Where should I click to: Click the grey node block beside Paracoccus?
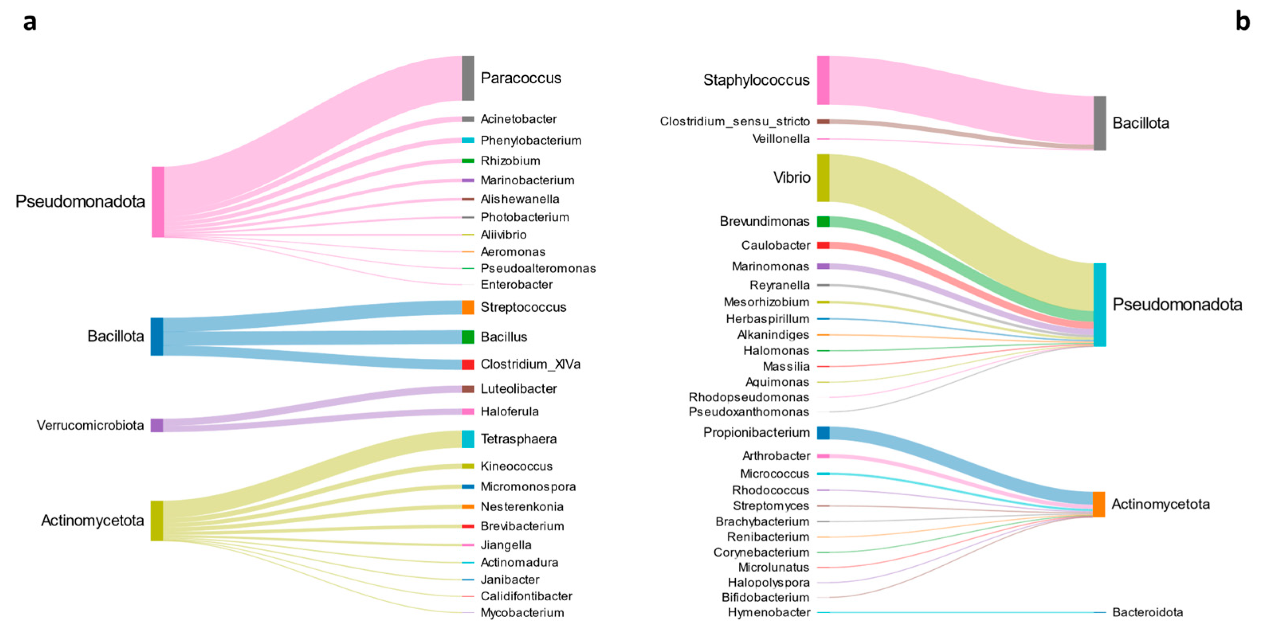[467, 78]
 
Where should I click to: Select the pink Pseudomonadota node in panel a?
[158, 202]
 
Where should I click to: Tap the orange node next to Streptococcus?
[467, 307]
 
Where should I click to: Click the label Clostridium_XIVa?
[530, 364]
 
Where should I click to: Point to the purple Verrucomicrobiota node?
[157, 425]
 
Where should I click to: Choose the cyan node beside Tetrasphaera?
[467, 439]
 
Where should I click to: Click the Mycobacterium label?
[522, 612]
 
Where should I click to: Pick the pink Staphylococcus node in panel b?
[823, 80]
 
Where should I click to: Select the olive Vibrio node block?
[823, 178]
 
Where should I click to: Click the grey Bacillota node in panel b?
[1100, 123]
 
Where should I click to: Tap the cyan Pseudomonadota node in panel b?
[1100, 305]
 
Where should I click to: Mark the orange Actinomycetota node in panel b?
[1099, 504]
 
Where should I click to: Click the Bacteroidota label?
[1147, 612]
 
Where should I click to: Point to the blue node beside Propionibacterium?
[823, 433]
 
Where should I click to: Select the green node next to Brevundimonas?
[823, 222]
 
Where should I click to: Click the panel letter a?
[30, 22]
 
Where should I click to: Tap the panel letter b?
[1242, 21]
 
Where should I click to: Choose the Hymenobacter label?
[769, 612]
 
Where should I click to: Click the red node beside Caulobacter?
[823, 245]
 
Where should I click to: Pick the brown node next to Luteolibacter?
[467, 389]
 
